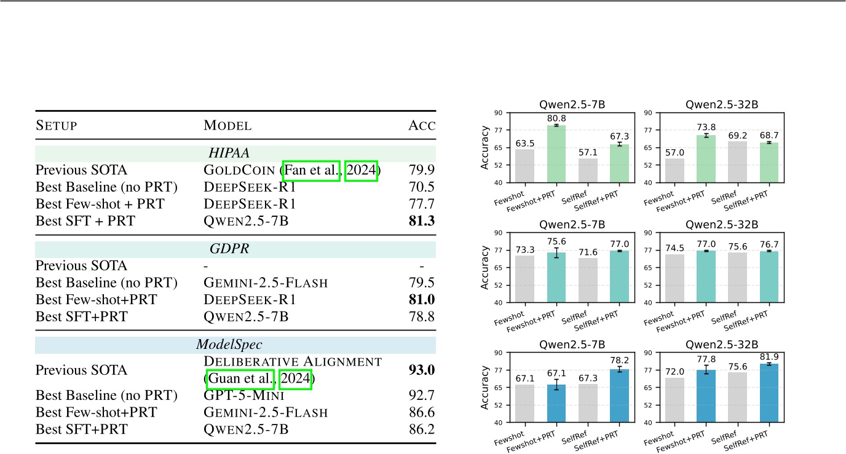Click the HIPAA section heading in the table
coord(235,153)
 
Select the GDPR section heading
coord(235,249)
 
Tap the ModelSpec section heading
coord(235,345)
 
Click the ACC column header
coord(422,126)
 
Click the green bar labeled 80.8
coord(556,154)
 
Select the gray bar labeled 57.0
coord(675,170)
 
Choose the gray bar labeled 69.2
coord(738,162)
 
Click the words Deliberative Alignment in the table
coord(293,361)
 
